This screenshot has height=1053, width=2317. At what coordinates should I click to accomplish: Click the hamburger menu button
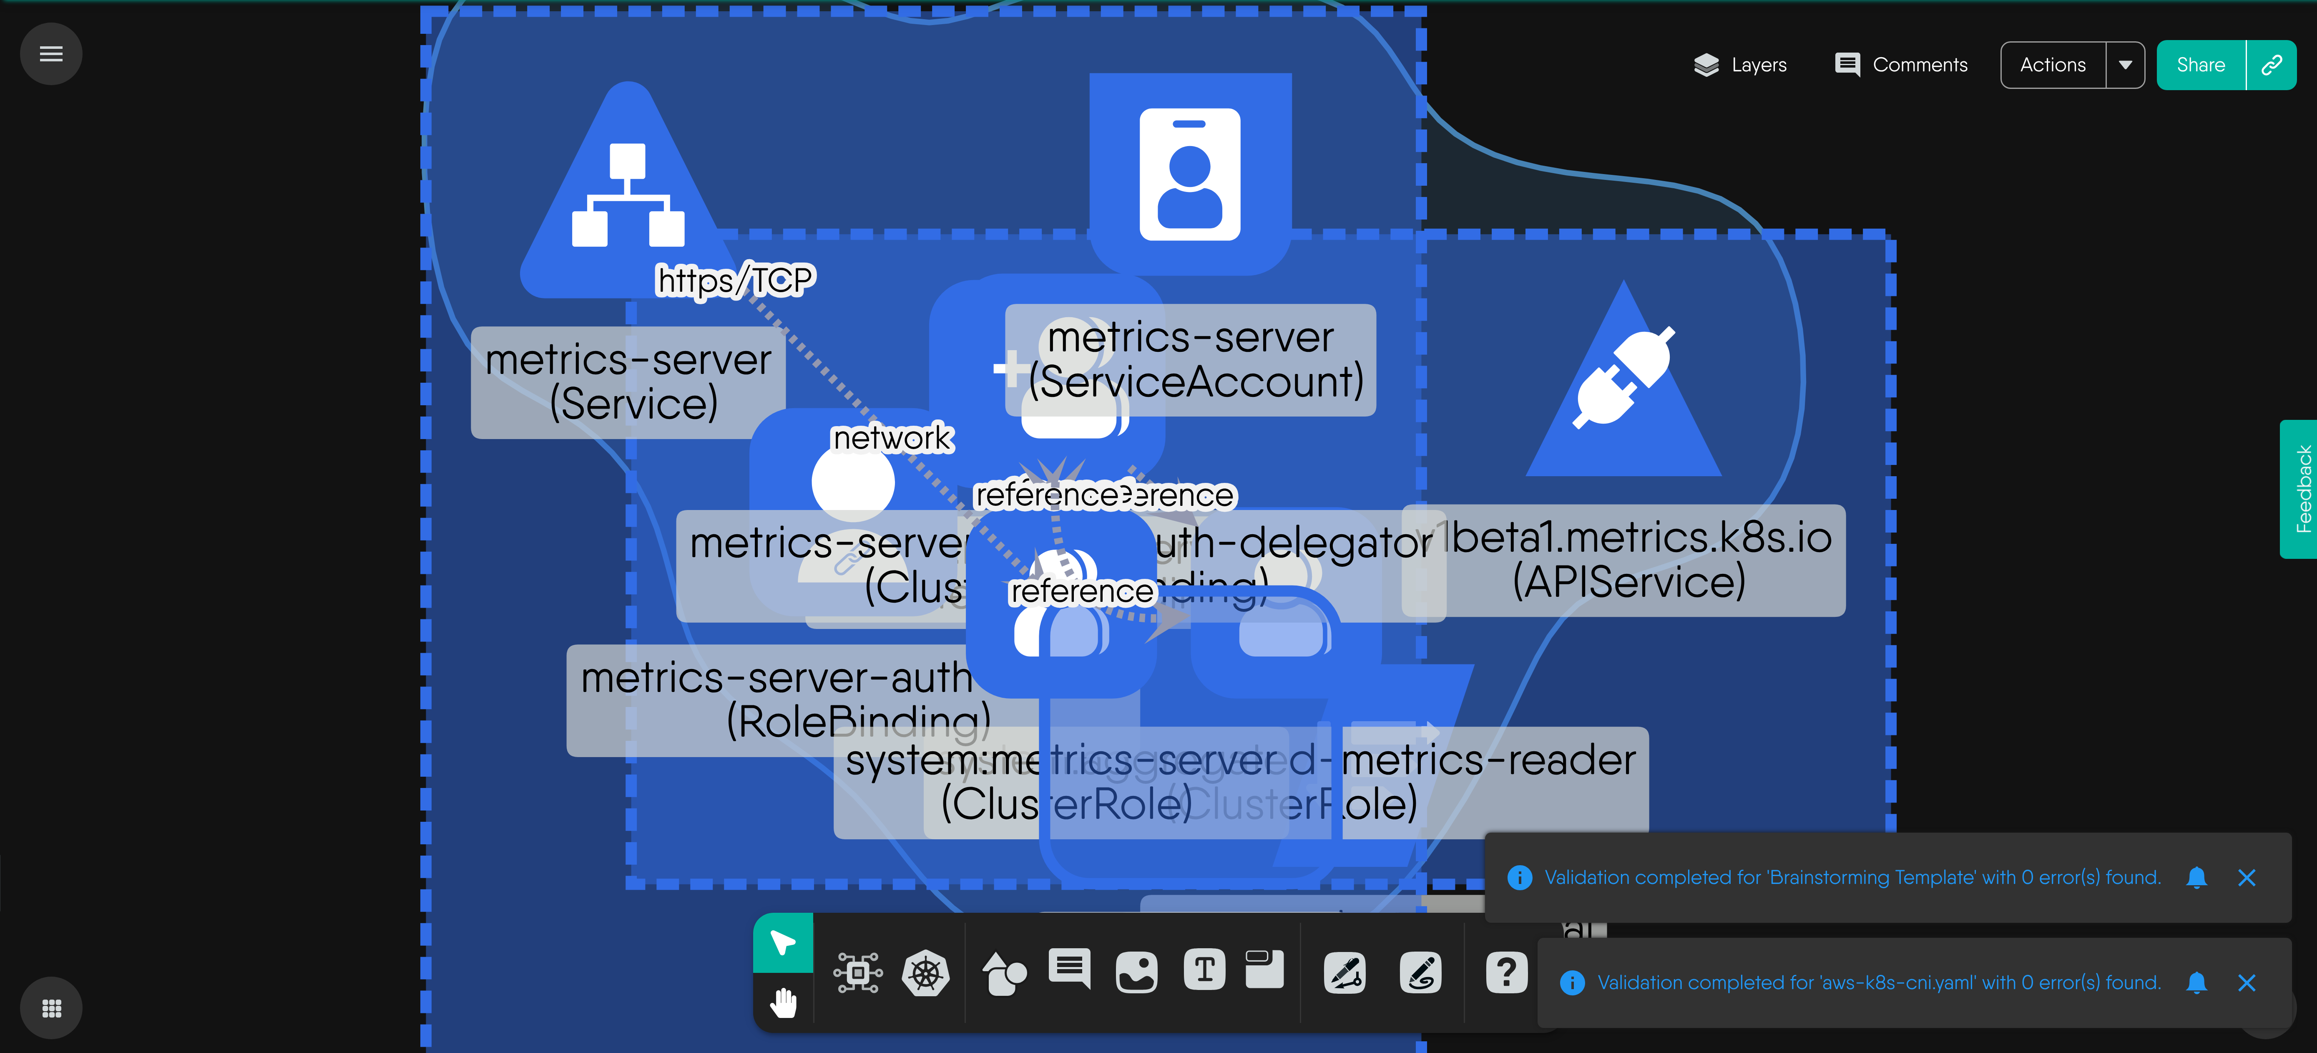click(x=51, y=54)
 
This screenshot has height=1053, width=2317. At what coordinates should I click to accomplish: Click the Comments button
click(x=1900, y=65)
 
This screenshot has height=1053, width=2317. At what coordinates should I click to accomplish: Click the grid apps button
click(x=51, y=1008)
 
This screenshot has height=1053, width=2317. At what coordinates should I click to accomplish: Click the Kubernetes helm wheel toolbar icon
click(x=925, y=973)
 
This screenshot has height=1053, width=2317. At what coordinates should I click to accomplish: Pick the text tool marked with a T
click(x=1204, y=970)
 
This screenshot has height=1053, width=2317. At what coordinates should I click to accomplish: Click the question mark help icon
click(x=1506, y=972)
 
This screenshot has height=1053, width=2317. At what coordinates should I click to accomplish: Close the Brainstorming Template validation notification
click(x=2246, y=877)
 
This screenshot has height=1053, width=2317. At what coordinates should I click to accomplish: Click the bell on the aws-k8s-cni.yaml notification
click(x=2196, y=983)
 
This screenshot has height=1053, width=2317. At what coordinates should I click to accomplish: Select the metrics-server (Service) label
click(x=628, y=381)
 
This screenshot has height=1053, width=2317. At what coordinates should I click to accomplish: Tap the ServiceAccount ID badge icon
click(x=1190, y=174)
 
